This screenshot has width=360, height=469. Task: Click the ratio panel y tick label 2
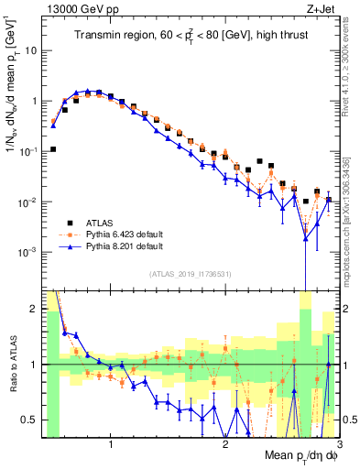[x=35, y=308]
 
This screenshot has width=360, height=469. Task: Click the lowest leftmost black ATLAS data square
[x=53, y=149]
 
